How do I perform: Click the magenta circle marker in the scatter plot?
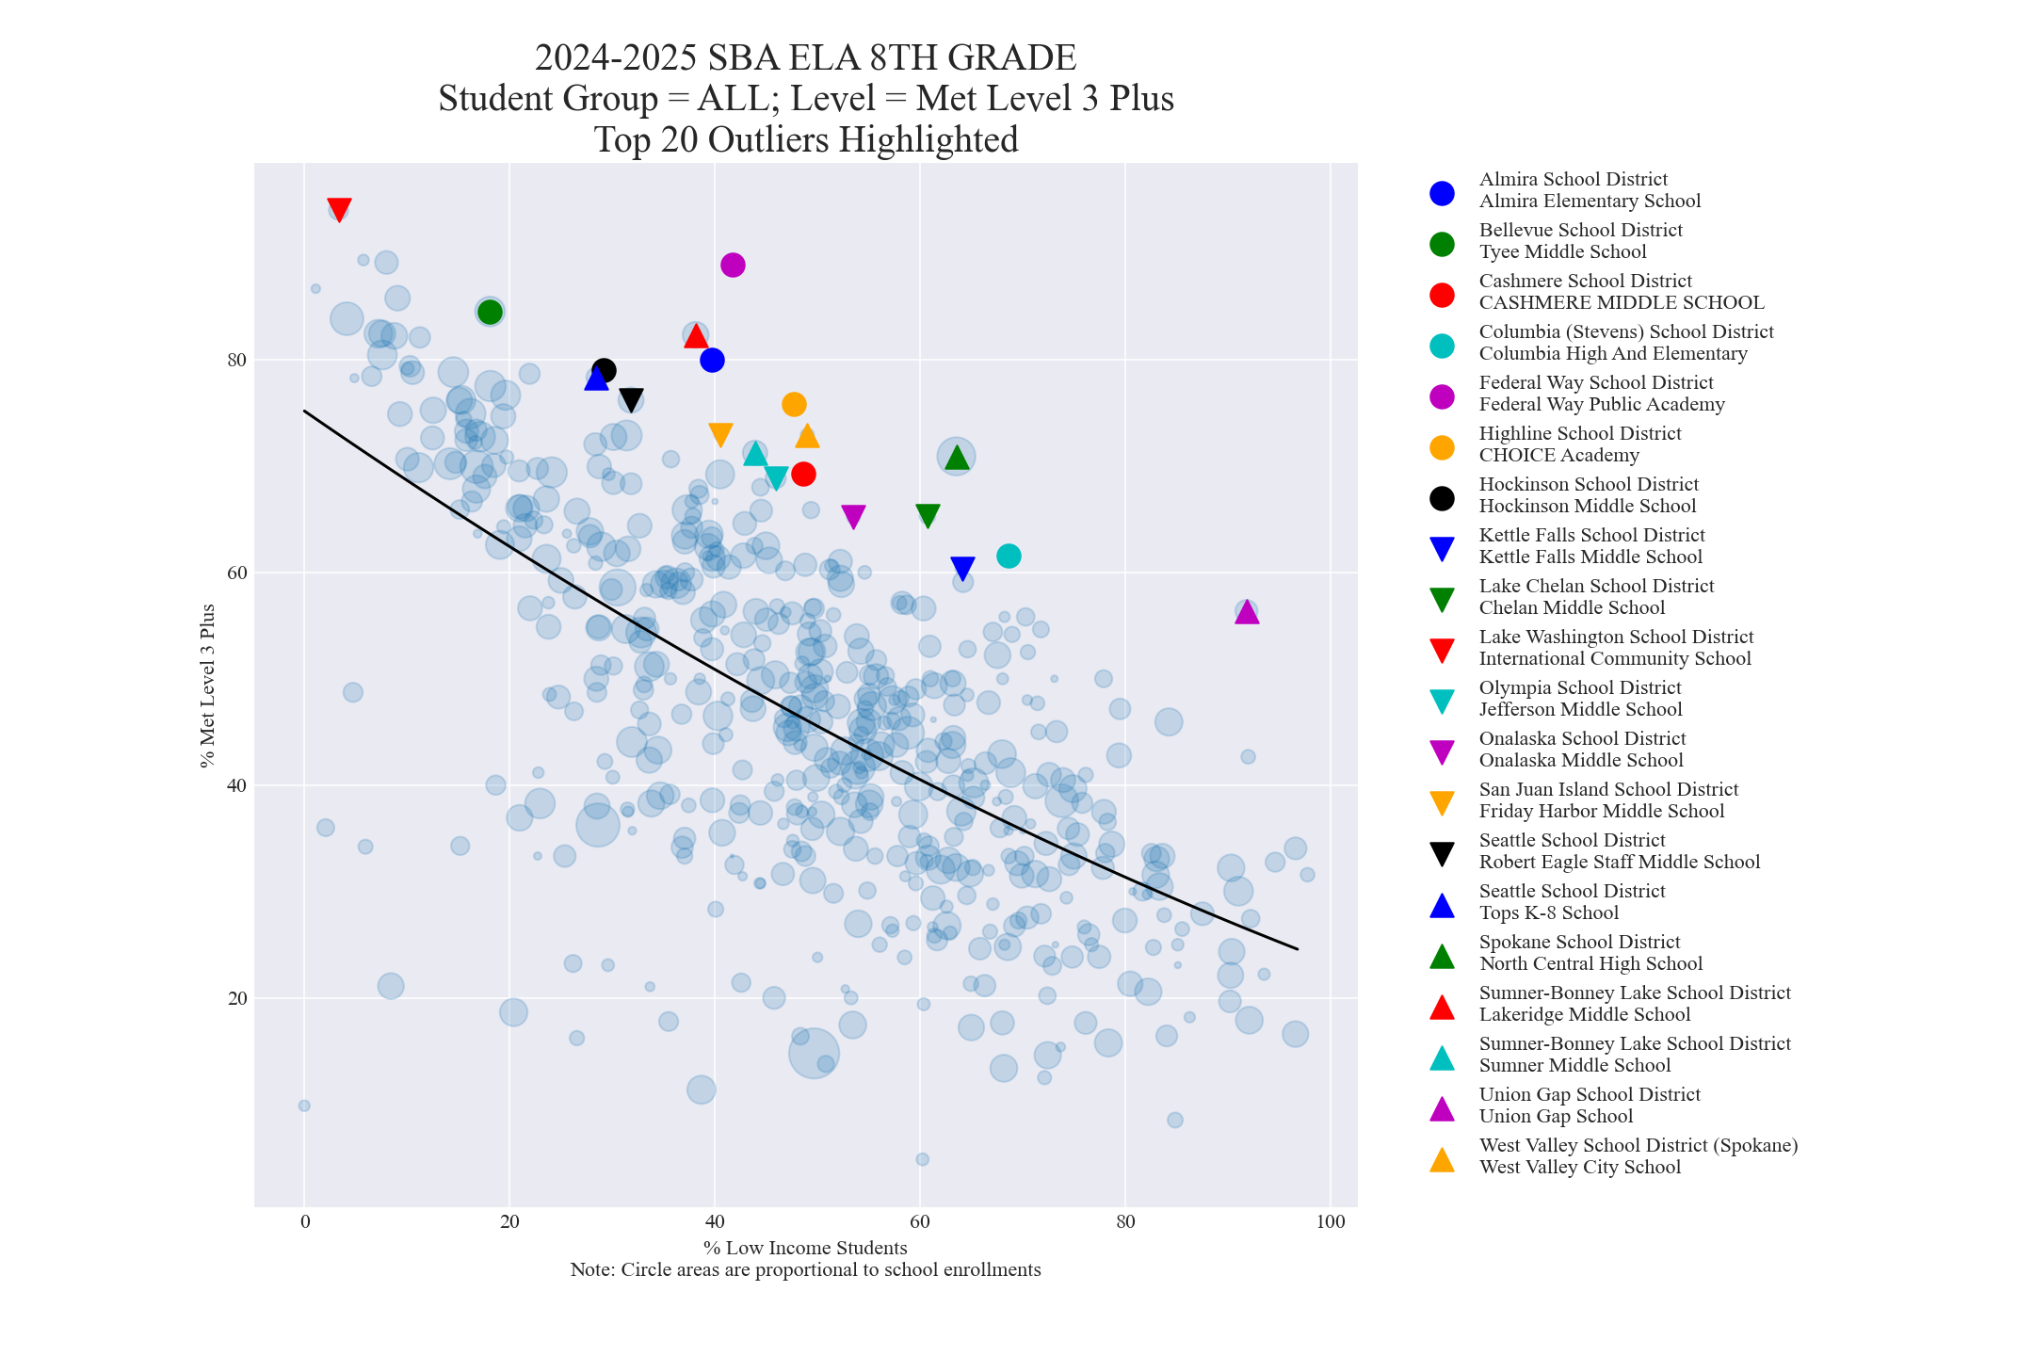(733, 266)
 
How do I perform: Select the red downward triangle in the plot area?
(339, 209)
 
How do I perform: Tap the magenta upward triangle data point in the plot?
(1247, 613)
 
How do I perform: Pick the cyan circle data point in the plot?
(1009, 557)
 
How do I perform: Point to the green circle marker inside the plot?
(490, 313)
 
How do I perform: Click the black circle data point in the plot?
(605, 371)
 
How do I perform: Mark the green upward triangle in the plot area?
(957, 458)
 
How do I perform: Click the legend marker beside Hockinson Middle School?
(1442, 498)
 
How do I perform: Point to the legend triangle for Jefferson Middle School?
(1442, 701)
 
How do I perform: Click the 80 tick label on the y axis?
(236, 361)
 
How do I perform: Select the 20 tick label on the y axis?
(236, 999)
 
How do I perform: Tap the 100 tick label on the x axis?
(1330, 1222)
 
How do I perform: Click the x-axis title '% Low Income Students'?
(805, 1249)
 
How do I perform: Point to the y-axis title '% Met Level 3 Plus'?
(208, 686)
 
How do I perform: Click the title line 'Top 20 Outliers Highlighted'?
(806, 140)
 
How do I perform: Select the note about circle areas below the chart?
(805, 1270)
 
